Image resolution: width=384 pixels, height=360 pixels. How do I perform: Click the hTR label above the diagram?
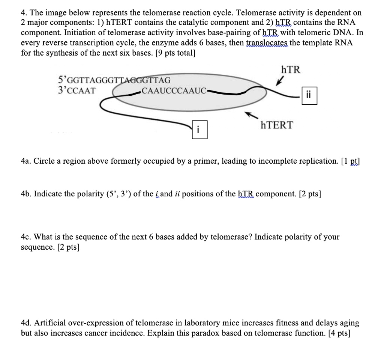tap(290, 70)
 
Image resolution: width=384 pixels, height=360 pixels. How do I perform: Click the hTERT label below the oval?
tap(277, 125)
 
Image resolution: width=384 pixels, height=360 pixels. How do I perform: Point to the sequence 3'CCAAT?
tap(77, 91)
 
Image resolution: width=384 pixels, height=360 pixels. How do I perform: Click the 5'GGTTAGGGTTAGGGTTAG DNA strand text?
tap(114, 80)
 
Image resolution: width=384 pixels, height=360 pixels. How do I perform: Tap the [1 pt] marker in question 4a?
tap(351, 161)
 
